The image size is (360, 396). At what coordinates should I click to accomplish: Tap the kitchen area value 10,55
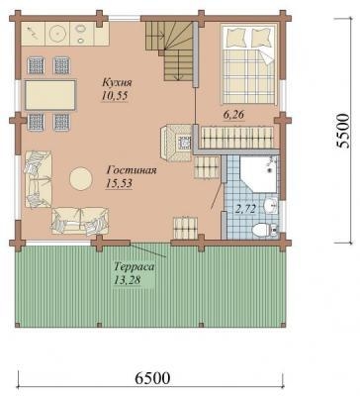tap(115, 96)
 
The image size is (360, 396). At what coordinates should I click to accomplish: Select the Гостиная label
tap(132, 170)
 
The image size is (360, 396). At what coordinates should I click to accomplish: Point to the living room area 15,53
tap(119, 183)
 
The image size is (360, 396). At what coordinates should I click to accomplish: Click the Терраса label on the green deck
tap(135, 266)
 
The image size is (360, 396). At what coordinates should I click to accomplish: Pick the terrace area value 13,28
tap(128, 280)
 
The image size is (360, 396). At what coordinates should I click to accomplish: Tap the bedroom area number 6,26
tap(233, 115)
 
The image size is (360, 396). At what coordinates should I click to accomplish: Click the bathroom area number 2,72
tap(245, 209)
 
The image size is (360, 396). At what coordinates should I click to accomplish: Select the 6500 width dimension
tap(152, 378)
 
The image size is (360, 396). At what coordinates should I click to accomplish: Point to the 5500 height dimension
tap(342, 131)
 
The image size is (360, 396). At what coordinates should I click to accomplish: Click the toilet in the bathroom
tap(263, 230)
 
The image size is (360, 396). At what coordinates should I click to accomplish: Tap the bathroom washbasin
tap(271, 206)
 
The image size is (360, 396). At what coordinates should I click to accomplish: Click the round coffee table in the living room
tap(80, 178)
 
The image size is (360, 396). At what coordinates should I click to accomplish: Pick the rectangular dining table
tap(50, 95)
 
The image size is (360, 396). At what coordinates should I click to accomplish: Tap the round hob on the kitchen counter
tap(57, 34)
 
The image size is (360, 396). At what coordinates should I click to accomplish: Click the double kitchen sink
tap(80, 34)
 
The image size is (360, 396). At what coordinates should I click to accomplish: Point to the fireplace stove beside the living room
tap(176, 144)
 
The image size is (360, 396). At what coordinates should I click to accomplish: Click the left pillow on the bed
tap(235, 38)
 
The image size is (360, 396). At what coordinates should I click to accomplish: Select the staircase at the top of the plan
tap(169, 49)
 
